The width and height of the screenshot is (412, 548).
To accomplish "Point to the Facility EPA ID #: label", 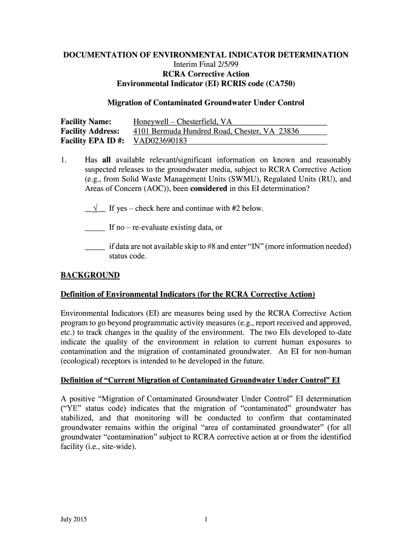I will pyautogui.click(x=93, y=141).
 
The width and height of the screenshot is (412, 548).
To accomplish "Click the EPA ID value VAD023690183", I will pyautogui.click(x=160, y=141).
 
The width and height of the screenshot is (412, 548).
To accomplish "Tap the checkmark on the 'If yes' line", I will pyautogui.click(x=95, y=208).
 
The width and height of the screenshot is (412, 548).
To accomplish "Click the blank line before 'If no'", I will pyautogui.click(x=95, y=227).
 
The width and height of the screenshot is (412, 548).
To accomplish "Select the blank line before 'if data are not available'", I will pyautogui.click(x=95, y=247).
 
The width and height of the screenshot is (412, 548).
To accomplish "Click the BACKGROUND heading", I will pyautogui.click(x=90, y=276).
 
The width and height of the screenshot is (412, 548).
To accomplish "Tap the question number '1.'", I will pyautogui.click(x=64, y=160).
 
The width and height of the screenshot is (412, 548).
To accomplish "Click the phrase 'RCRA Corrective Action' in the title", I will pyautogui.click(x=206, y=74).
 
